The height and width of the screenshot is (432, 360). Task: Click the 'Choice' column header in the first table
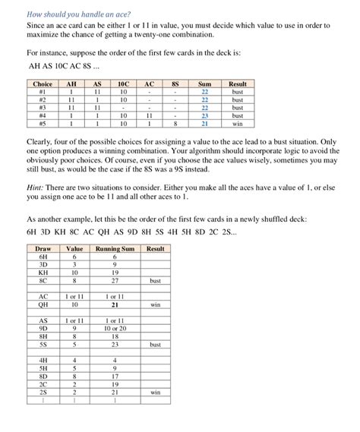pyautogui.click(x=43, y=84)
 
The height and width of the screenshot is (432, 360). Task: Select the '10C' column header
pyautogui.click(x=123, y=84)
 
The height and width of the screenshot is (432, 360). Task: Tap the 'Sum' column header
pyautogui.click(x=204, y=84)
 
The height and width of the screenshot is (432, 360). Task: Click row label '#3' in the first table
pyautogui.click(x=43, y=108)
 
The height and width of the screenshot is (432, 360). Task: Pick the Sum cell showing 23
pyautogui.click(x=204, y=115)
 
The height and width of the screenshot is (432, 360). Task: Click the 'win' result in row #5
pyautogui.click(x=238, y=124)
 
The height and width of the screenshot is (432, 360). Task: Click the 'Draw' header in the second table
pyautogui.click(x=43, y=248)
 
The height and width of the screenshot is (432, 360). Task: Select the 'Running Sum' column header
pyautogui.click(x=115, y=248)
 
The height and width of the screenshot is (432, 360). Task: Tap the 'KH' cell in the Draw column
pyautogui.click(x=43, y=273)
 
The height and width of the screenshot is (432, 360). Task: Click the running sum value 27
pyautogui.click(x=115, y=281)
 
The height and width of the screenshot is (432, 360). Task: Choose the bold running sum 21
pyautogui.click(x=115, y=304)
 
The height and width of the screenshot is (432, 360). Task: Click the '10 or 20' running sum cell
pyautogui.click(x=115, y=328)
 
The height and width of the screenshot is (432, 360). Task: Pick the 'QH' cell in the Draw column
pyautogui.click(x=43, y=304)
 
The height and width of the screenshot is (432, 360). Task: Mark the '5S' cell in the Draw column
pyautogui.click(x=43, y=344)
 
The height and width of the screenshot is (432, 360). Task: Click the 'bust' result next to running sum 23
pyautogui.click(x=155, y=344)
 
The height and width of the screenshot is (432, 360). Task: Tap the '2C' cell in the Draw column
pyautogui.click(x=43, y=384)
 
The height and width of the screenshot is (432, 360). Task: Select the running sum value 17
pyautogui.click(x=115, y=376)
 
